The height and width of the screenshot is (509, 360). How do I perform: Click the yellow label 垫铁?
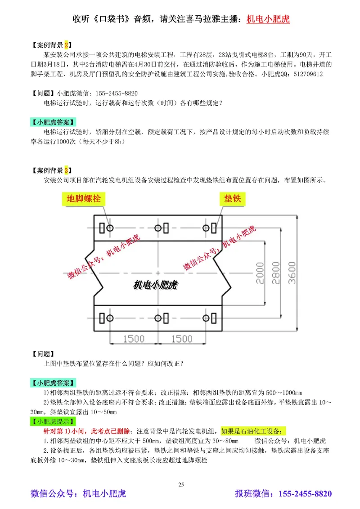232,198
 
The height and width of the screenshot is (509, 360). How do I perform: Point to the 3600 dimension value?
292,272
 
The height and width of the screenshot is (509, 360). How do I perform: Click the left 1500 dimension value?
134,338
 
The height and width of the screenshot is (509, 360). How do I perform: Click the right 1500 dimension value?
183,338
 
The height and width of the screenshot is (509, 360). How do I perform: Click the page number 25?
181,484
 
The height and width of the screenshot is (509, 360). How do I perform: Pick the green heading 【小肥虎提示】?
53,422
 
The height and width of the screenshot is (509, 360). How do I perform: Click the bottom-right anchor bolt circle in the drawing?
206,318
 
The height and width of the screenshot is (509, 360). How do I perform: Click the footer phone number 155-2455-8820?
306,494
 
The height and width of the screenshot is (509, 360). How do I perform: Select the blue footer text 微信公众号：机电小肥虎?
78,494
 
